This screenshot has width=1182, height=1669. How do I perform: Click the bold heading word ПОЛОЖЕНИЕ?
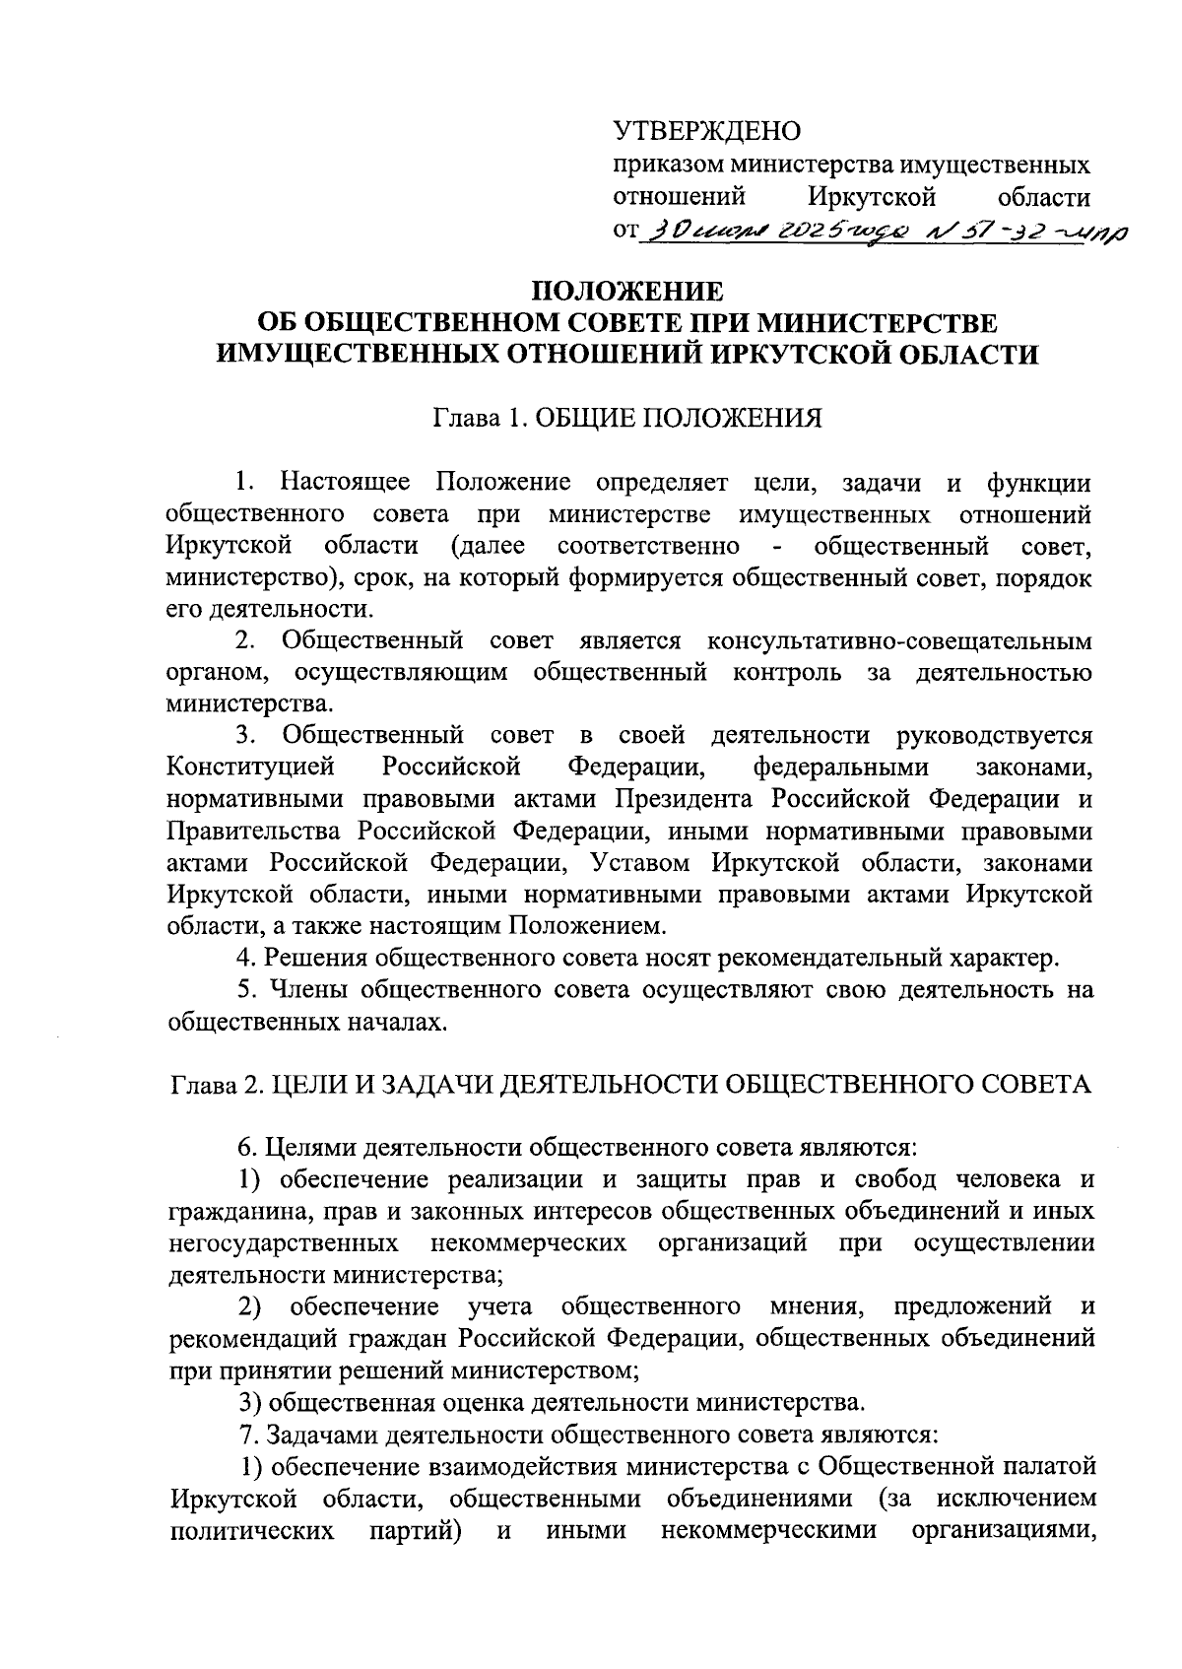(627, 292)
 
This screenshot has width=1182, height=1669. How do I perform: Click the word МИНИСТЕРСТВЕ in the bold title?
(880, 323)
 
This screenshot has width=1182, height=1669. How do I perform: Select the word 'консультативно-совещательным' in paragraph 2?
(899, 641)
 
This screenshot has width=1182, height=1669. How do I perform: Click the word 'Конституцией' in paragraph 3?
(251, 768)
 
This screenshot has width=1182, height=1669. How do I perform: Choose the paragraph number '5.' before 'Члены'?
(245, 989)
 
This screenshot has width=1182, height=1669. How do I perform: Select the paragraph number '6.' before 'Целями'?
(246, 1148)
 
